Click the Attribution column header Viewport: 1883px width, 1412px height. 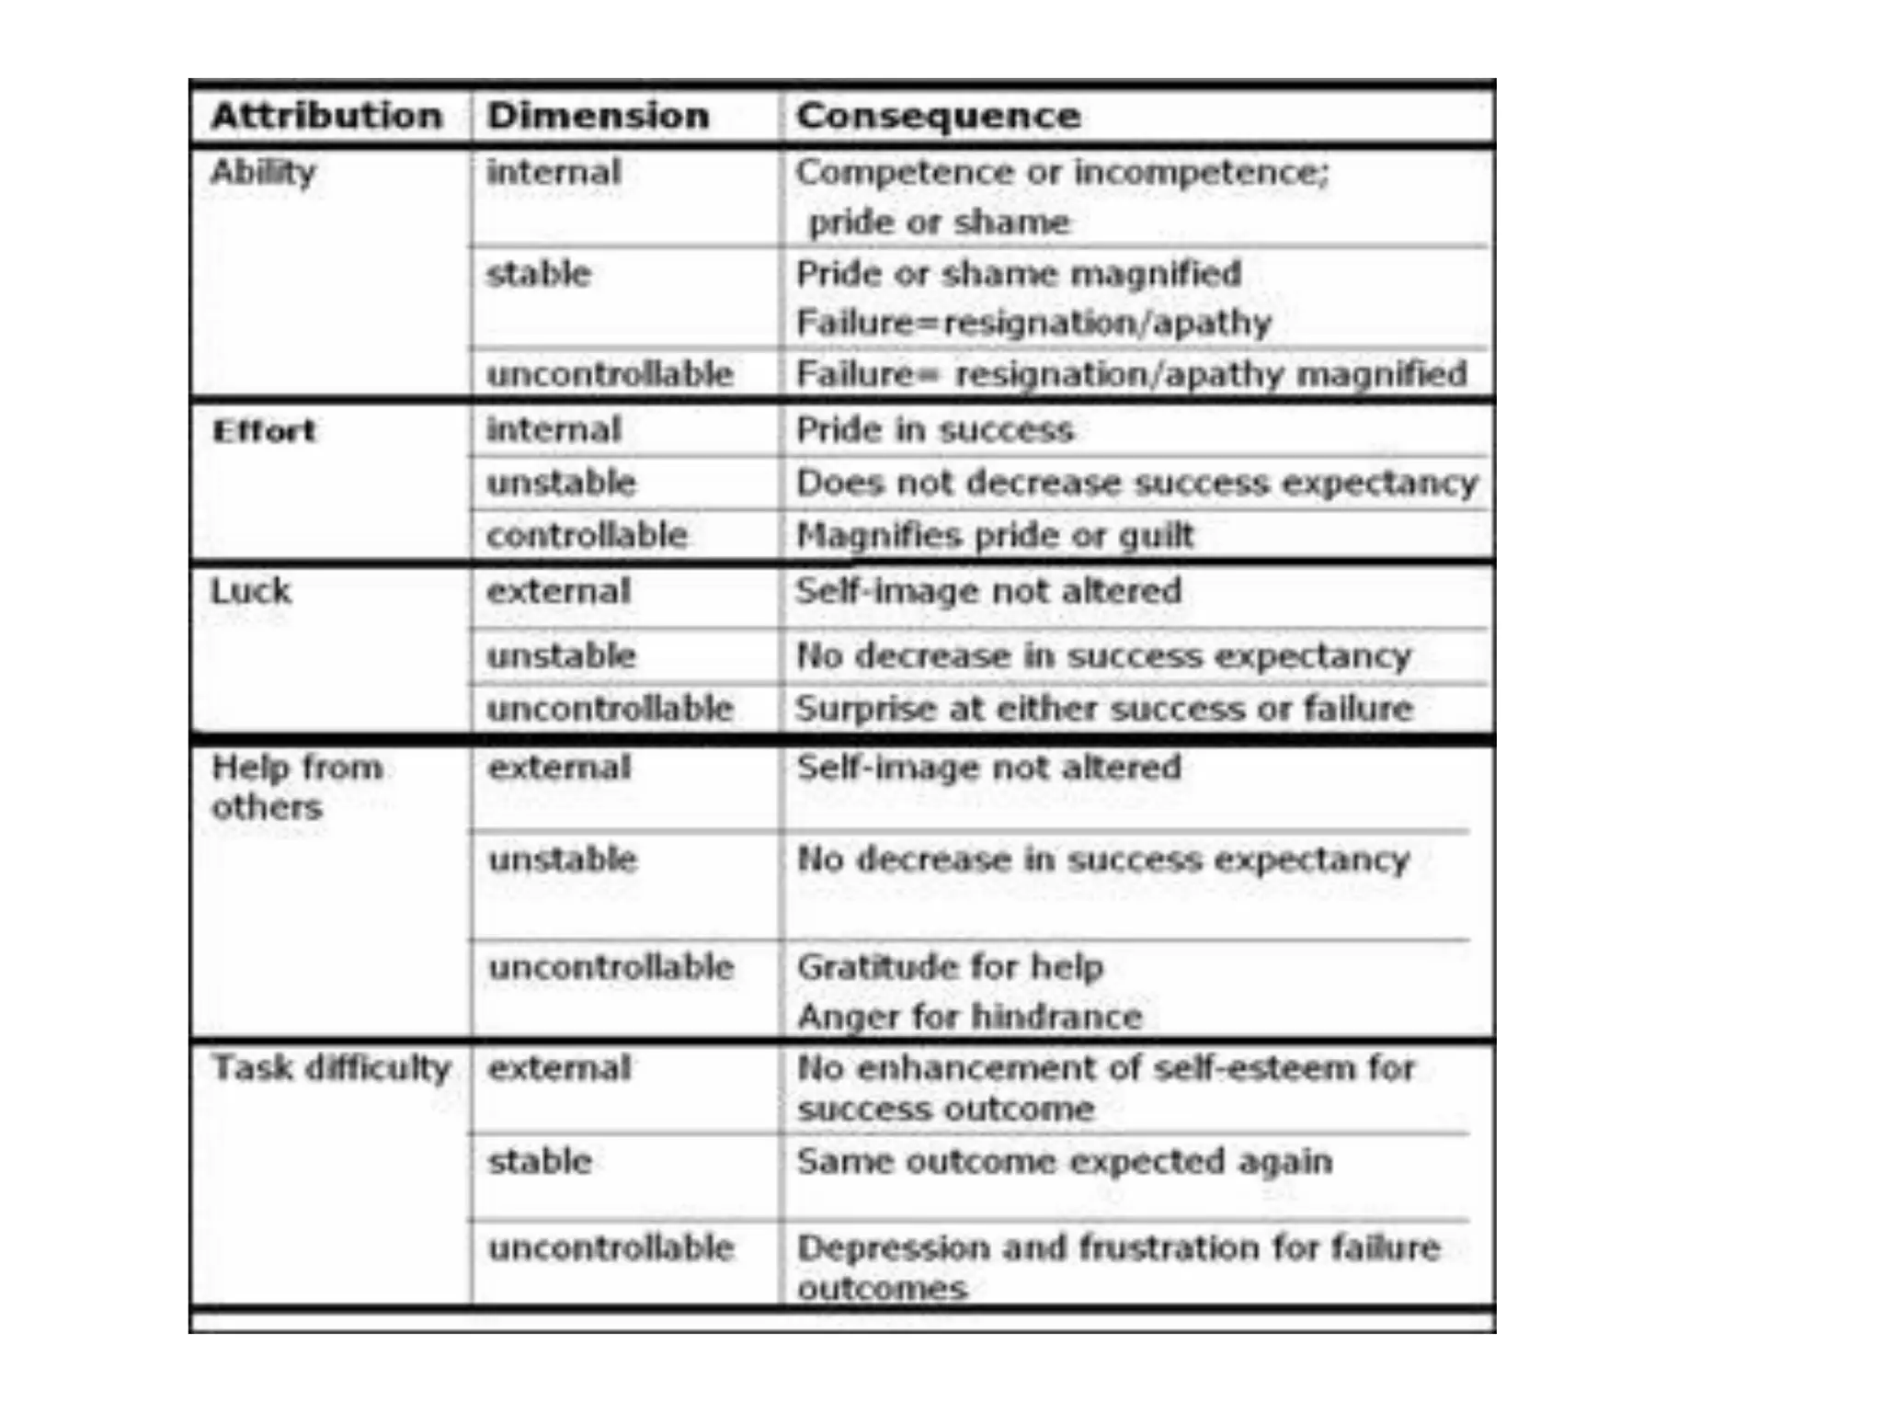click(326, 116)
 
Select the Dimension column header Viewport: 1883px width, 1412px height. click(598, 116)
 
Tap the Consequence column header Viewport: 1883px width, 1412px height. click(938, 116)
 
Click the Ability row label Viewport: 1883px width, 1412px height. click(263, 172)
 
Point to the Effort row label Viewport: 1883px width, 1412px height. click(264, 430)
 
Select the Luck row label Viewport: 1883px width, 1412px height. click(251, 591)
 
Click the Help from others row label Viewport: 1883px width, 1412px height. click(296, 787)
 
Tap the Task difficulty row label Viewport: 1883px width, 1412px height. click(331, 1068)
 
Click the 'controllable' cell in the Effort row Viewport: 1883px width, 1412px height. click(587, 535)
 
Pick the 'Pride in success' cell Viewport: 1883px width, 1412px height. click(934, 430)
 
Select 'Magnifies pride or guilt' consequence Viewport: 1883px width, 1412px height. click(995, 535)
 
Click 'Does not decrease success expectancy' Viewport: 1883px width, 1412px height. click(1136, 483)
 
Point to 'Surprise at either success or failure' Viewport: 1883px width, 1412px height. click(1103, 709)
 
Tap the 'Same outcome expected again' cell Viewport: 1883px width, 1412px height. click(1065, 1162)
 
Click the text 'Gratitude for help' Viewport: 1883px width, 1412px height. click(950, 967)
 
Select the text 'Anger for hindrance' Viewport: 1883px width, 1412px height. click(969, 1017)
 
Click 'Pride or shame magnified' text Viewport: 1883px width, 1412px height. click(1019, 274)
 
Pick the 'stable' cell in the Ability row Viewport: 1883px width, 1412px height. click(539, 274)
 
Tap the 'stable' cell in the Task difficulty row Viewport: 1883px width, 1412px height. click(540, 1162)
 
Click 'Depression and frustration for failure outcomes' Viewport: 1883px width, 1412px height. click(1118, 1267)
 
